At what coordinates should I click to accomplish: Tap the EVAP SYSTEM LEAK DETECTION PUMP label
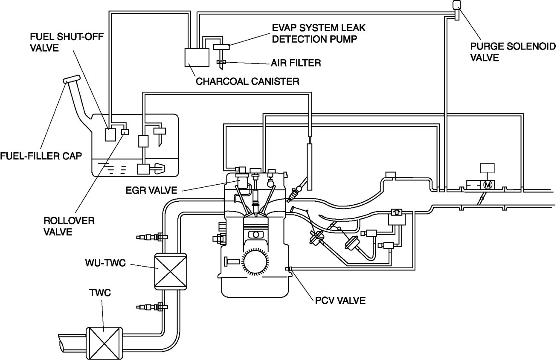pos(319,34)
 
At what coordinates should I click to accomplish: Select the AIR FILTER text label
pos(296,63)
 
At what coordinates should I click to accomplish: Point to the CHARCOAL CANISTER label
pos(247,81)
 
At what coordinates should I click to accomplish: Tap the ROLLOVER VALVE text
pos(63,226)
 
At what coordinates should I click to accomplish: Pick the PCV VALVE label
pos(338,300)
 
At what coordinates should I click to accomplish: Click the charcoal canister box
pos(197,57)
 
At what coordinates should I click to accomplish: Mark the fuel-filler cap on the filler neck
pos(71,79)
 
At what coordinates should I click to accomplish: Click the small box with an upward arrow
pos(396,212)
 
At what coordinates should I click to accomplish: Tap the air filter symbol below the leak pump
pos(221,63)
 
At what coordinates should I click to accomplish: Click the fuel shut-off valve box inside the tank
pos(111,135)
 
